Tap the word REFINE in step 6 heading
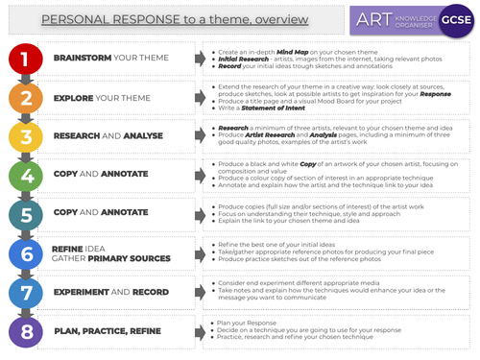pyautogui.click(x=67, y=248)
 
